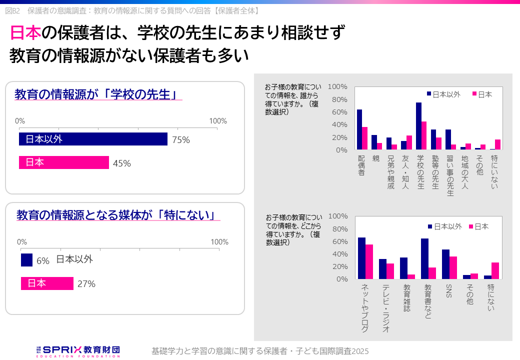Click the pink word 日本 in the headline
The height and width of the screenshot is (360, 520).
click(25, 33)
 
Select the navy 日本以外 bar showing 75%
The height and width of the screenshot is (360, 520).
click(93, 139)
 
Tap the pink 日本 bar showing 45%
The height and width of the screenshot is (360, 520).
click(64, 162)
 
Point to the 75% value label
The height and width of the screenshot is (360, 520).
click(180, 140)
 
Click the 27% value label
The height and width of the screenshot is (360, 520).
click(86, 284)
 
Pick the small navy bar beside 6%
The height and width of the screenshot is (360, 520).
click(26, 260)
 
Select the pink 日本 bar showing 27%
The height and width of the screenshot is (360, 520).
click(47, 283)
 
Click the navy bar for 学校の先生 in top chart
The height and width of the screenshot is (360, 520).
click(418, 126)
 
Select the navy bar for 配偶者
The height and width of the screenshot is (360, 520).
click(359, 129)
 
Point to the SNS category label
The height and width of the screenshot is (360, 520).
click(448, 291)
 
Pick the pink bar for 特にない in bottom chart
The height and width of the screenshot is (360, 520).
click(495, 270)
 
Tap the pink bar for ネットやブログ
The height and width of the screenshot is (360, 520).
click(369, 261)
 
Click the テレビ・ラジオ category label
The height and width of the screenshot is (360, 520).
click(386, 308)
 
